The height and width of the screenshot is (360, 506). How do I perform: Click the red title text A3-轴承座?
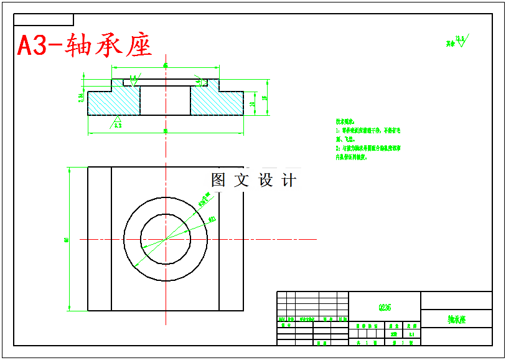tap(85, 45)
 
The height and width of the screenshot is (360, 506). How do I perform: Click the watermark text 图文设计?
tap(253, 180)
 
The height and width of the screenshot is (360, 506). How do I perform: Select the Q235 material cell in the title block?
tap(385, 308)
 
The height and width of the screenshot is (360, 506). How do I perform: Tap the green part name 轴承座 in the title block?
tap(456, 319)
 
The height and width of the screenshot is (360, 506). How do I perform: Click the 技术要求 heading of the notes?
tap(345, 121)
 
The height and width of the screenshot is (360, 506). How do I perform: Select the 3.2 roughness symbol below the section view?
tap(116, 123)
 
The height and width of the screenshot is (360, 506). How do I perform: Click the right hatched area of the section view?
tap(215, 102)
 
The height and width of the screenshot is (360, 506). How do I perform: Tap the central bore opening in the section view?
tap(165, 100)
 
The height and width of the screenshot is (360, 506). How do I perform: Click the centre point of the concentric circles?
tap(166, 239)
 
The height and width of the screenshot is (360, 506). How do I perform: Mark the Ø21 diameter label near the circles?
tap(212, 219)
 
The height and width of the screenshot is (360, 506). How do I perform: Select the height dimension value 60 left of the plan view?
tap(66, 239)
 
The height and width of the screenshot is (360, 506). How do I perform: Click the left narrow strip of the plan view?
tap(100, 239)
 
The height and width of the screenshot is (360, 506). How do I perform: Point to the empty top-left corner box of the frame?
tap(44, 20)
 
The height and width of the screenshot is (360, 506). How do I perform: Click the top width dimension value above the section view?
tap(166, 65)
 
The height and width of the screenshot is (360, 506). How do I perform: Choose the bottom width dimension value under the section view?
tap(166, 131)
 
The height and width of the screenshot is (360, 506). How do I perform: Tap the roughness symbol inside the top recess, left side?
tap(133, 78)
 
